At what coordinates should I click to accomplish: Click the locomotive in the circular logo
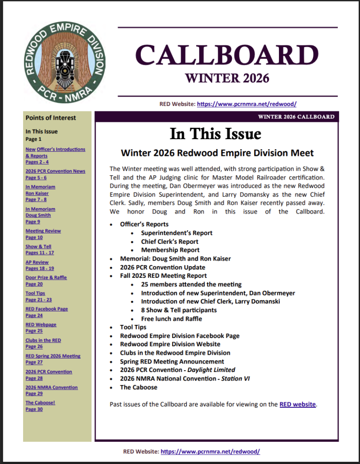click(64, 66)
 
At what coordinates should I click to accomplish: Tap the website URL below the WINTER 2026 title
click(247, 104)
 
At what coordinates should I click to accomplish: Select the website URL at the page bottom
click(210, 452)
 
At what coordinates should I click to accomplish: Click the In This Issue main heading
click(216, 134)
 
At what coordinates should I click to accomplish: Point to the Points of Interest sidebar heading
click(51, 118)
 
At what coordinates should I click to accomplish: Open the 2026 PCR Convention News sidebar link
click(55, 171)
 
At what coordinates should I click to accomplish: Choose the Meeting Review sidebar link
click(43, 231)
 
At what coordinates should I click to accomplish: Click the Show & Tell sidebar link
click(38, 246)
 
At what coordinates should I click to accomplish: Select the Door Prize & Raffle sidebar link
click(46, 277)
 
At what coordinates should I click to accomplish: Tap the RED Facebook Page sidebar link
click(47, 309)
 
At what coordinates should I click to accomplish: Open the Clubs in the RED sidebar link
click(43, 340)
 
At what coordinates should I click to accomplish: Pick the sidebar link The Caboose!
click(40, 402)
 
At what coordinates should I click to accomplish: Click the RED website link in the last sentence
click(298, 404)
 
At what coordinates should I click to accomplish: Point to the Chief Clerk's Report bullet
click(169, 242)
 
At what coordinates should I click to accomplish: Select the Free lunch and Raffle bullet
click(171, 319)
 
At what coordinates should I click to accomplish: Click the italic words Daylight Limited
click(213, 370)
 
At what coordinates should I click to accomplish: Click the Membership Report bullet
click(170, 250)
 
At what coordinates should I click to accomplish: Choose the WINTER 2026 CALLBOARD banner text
click(296, 117)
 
